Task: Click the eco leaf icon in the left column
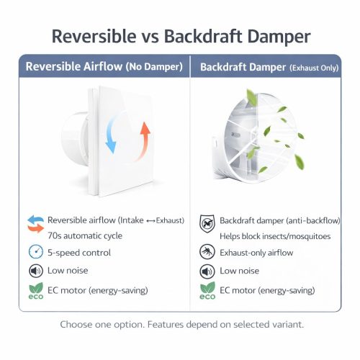(x=35, y=290)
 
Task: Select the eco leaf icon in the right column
(x=207, y=290)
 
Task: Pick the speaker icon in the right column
(x=207, y=271)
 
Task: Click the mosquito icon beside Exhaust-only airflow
(x=207, y=251)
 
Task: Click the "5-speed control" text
(x=79, y=252)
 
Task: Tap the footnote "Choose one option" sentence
(x=180, y=324)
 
